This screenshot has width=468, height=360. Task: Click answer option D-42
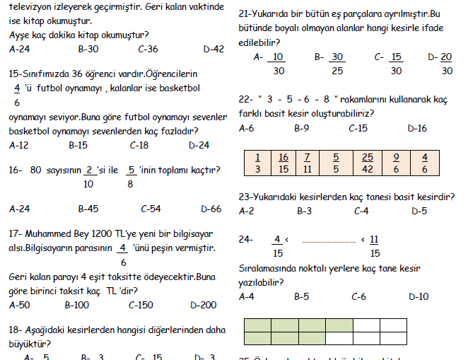pyautogui.click(x=213, y=50)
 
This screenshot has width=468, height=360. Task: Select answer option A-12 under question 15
pyautogui.click(x=19, y=145)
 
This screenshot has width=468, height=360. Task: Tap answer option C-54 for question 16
pyautogui.click(x=151, y=209)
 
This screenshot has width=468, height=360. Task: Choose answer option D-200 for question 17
pyautogui.click(x=204, y=306)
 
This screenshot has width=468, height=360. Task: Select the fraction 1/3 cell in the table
pyautogui.click(x=257, y=162)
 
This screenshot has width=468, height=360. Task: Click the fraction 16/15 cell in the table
pyautogui.click(x=283, y=162)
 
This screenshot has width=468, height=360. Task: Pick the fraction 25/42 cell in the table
pyautogui.click(x=367, y=162)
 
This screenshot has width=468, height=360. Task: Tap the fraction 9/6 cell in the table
pyautogui.click(x=396, y=162)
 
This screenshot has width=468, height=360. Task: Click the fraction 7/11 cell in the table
pyautogui.click(x=307, y=162)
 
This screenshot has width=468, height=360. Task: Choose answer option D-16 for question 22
pyautogui.click(x=417, y=129)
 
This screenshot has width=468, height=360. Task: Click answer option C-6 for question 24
pyautogui.click(x=360, y=296)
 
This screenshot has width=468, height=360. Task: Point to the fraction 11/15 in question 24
pyautogui.click(x=374, y=245)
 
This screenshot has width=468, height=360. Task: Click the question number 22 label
pyautogui.click(x=246, y=99)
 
